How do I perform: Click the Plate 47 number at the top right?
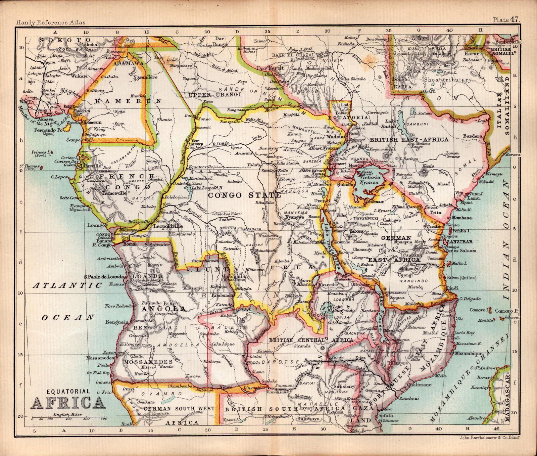[x=506, y=20]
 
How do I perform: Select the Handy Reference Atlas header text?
[x=50, y=22]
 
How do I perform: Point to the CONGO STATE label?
[x=244, y=195]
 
